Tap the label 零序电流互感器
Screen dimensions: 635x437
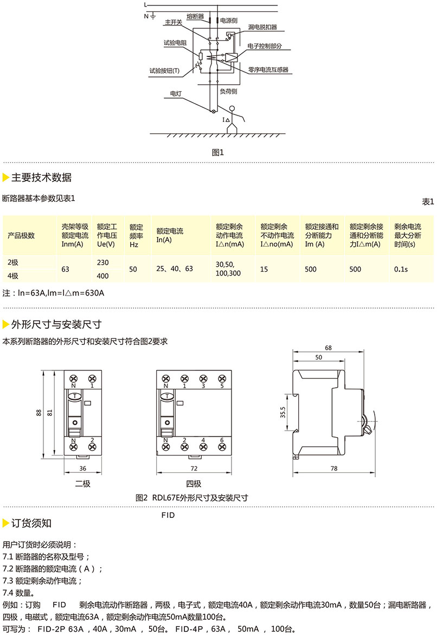point(268,69)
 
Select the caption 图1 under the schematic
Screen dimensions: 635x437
point(218,152)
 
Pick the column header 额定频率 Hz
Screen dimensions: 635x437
point(136,235)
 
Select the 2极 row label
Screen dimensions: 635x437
point(13,262)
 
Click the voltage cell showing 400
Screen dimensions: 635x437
point(102,276)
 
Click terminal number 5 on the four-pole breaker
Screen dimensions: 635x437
point(221,386)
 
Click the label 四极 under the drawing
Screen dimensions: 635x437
point(194,484)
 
